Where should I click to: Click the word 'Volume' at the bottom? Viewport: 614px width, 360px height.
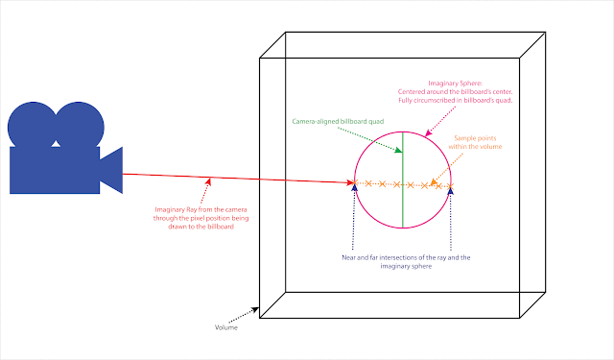pos(227,326)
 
